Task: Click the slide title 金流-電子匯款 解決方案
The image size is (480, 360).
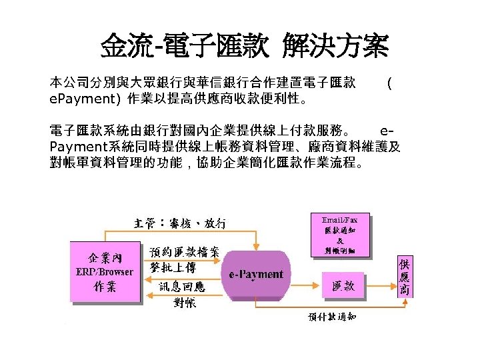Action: tap(244, 47)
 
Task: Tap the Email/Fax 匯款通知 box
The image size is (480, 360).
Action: tap(340, 234)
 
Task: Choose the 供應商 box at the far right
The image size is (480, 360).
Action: tap(405, 277)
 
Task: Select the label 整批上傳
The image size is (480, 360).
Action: tap(173, 267)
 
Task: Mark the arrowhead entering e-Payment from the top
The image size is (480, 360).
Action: tap(257, 246)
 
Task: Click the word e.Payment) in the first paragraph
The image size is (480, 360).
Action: tap(85, 100)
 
